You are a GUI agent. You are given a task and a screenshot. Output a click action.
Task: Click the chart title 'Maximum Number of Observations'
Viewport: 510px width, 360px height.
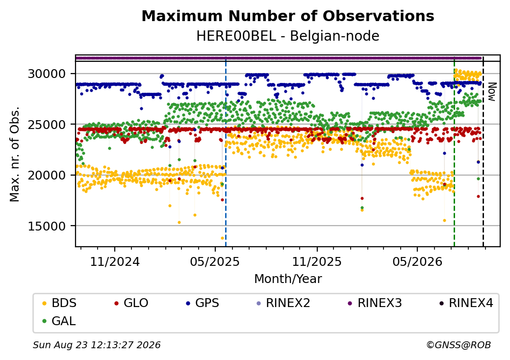[x=288, y=16]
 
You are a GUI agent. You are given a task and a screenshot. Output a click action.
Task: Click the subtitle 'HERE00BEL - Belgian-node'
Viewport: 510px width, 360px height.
[x=288, y=36]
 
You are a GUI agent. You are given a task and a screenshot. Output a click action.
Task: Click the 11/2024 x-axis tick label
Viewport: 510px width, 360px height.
[x=115, y=262]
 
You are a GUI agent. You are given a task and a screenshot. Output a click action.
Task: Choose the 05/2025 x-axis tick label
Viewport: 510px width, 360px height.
[x=215, y=262]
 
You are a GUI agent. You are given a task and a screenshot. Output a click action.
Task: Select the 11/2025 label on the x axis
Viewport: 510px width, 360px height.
[x=317, y=262]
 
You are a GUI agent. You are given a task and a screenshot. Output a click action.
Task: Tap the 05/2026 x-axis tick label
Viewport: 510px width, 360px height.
[x=417, y=262]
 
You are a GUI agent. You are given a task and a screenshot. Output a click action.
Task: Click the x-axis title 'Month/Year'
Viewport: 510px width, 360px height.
[x=288, y=279]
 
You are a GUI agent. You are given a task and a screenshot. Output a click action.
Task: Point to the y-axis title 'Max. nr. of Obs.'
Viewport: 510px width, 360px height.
[x=15, y=154]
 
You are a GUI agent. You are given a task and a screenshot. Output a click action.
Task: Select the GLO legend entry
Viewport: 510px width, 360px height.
[x=131, y=303]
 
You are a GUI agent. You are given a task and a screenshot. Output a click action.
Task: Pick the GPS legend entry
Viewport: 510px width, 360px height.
[x=203, y=303]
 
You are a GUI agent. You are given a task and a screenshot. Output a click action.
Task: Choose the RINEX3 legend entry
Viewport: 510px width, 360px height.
[x=375, y=303]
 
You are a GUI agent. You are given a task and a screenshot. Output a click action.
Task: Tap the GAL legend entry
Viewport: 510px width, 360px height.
[x=59, y=321]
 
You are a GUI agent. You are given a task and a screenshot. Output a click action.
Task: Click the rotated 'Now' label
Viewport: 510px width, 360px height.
[x=492, y=92]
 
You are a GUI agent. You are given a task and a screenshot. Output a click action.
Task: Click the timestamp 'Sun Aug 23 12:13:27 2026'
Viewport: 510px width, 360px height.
[x=97, y=345]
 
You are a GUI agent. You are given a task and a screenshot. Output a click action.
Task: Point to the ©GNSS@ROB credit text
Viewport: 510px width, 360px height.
[x=459, y=345]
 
